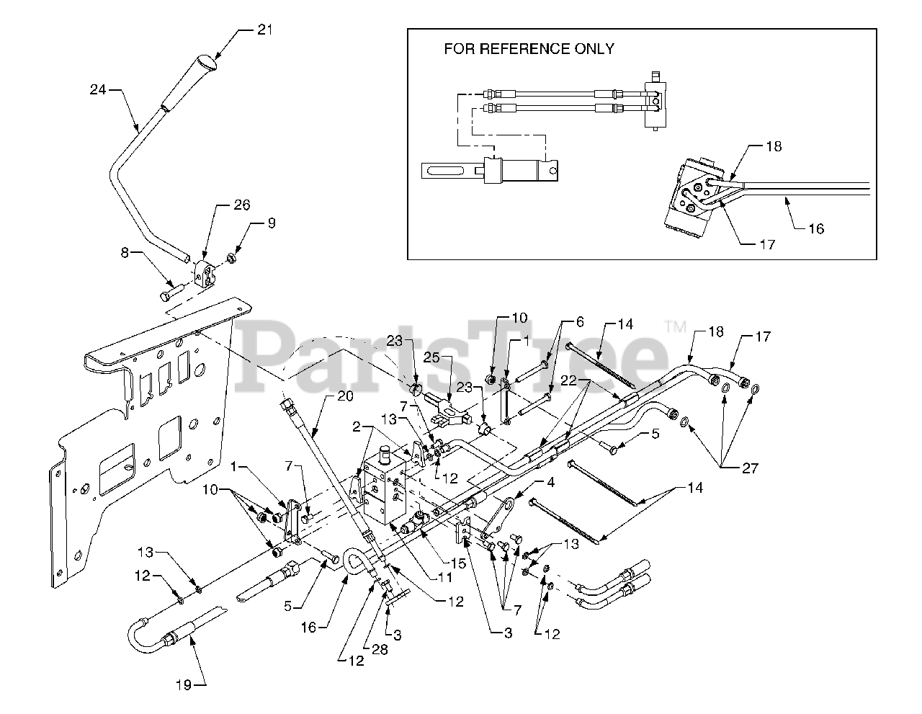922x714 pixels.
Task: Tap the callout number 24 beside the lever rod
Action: [98, 90]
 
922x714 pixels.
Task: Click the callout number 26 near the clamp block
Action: [241, 205]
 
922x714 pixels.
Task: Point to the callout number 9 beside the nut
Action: [271, 223]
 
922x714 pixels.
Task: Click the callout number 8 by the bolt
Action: [124, 253]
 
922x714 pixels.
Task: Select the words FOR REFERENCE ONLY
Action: [529, 49]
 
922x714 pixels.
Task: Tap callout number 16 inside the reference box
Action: [816, 229]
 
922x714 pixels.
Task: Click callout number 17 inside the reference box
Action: [767, 245]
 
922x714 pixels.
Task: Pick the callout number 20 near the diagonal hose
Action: [345, 396]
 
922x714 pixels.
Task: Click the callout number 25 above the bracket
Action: [451, 358]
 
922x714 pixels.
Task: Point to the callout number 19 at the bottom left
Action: [184, 685]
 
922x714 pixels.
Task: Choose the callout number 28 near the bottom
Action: [379, 650]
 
